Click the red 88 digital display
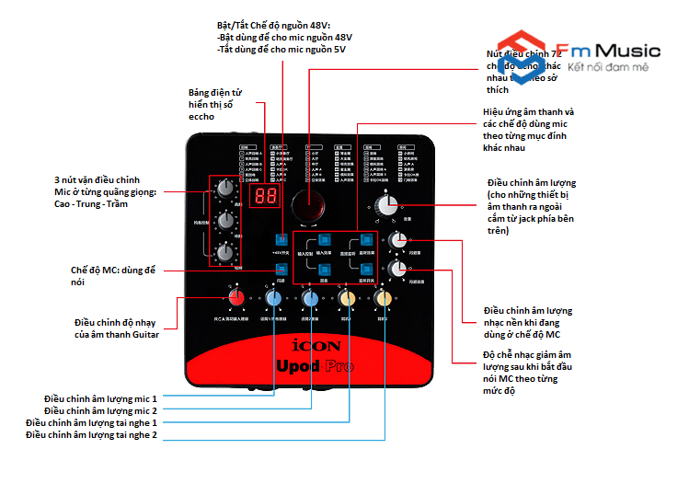[x=266, y=198]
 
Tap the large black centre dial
[x=309, y=206]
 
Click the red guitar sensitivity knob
[x=236, y=297]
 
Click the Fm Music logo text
[x=608, y=50]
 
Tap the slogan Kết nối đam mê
[x=608, y=68]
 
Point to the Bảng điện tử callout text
[x=214, y=104]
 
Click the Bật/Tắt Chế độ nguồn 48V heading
[x=273, y=24]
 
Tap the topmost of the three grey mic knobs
[x=224, y=188]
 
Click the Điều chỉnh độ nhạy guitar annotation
[x=117, y=328]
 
